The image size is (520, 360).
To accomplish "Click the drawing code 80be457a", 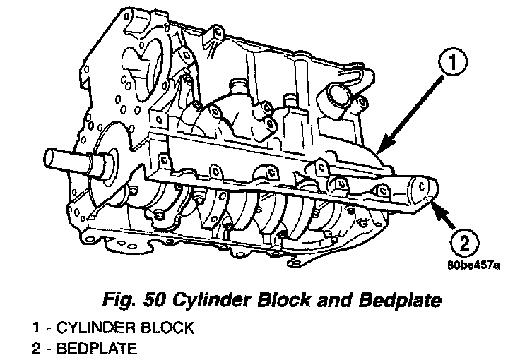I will [x=473, y=266].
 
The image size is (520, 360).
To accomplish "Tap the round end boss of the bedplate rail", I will [x=425, y=190].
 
